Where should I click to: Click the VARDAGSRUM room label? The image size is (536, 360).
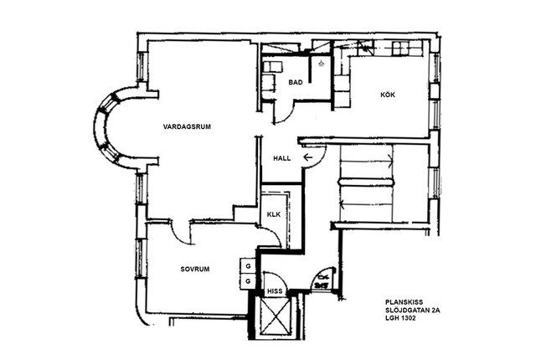(x=187, y=126)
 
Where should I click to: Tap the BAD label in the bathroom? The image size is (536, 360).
(x=296, y=82)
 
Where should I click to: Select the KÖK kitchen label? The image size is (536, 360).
(x=388, y=95)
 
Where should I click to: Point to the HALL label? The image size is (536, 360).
(x=282, y=158)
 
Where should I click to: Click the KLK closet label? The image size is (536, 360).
(x=274, y=214)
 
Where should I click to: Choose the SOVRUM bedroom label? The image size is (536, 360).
(x=195, y=269)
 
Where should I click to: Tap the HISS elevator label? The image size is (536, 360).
(x=275, y=291)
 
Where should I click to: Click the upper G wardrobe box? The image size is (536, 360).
(x=248, y=266)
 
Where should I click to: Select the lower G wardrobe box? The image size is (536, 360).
(x=248, y=281)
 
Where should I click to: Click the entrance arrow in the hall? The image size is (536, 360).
(x=308, y=157)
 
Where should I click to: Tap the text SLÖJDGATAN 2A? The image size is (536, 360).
(x=413, y=311)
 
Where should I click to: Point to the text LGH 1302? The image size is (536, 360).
(x=400, y=318)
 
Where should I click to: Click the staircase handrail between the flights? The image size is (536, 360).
(x=366, y=182)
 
